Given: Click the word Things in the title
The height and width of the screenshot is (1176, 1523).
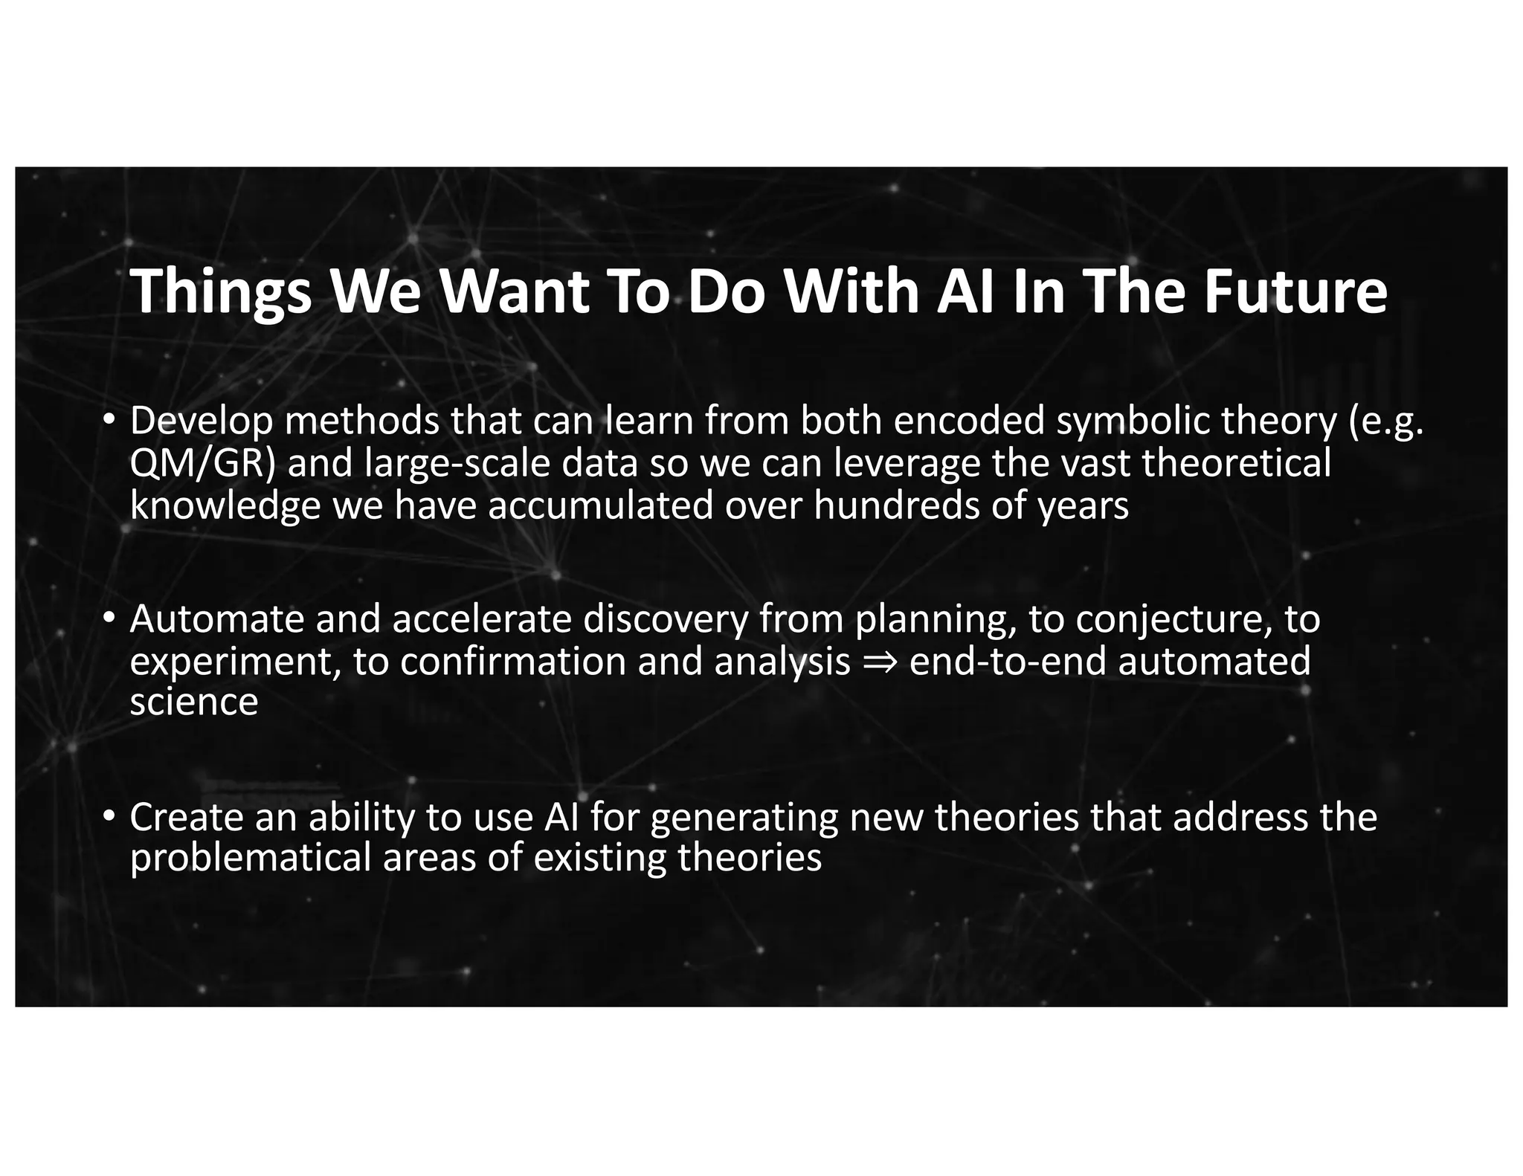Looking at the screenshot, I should coord(221,292).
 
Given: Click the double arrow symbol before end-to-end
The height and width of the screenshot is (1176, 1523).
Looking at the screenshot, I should coord(880,662).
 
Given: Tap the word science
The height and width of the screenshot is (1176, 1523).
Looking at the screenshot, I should coord(193,702).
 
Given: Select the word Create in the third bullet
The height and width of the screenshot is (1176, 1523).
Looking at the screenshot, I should coord(186,817).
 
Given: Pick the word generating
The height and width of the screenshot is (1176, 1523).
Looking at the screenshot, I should coord(744,818).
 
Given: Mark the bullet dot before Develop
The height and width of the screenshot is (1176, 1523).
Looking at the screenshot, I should coord(109,421).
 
